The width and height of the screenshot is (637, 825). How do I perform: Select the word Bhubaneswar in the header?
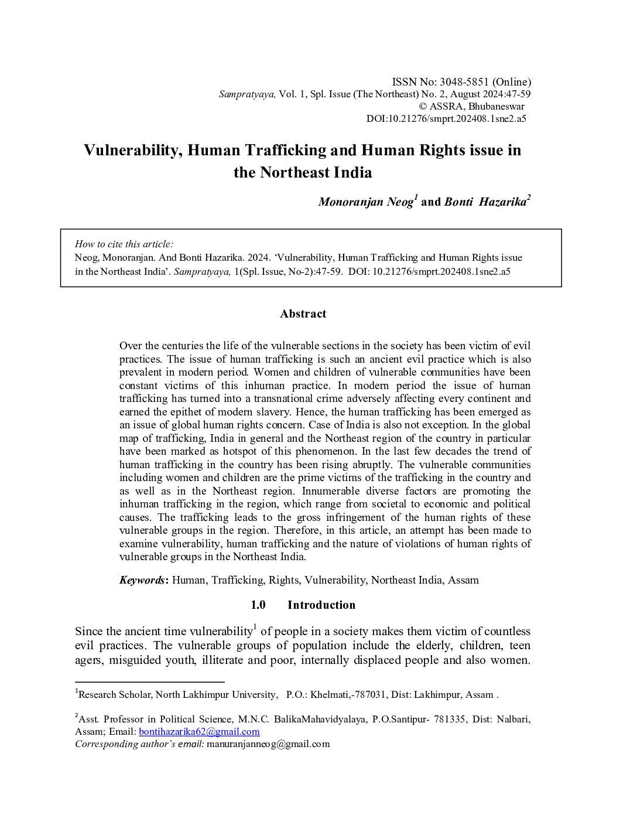point(496,106)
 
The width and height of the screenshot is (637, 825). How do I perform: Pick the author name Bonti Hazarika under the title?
point(485,202)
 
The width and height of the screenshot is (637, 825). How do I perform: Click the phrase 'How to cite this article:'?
point(124,244)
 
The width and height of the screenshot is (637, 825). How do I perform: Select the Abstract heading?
point(303,313)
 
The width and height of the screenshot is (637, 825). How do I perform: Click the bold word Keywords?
point(142,580)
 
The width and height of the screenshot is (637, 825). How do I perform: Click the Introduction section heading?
point(321,605)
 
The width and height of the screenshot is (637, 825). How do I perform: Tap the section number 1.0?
point(258,605)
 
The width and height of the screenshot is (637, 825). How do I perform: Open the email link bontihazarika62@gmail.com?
point(199,731)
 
